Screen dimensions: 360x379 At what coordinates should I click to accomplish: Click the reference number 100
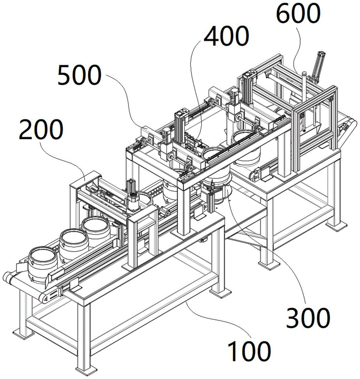coord(249,351)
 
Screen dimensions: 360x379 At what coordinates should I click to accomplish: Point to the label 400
coord(226,36)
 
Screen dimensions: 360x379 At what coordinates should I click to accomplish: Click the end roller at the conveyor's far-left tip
coord(7,277)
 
